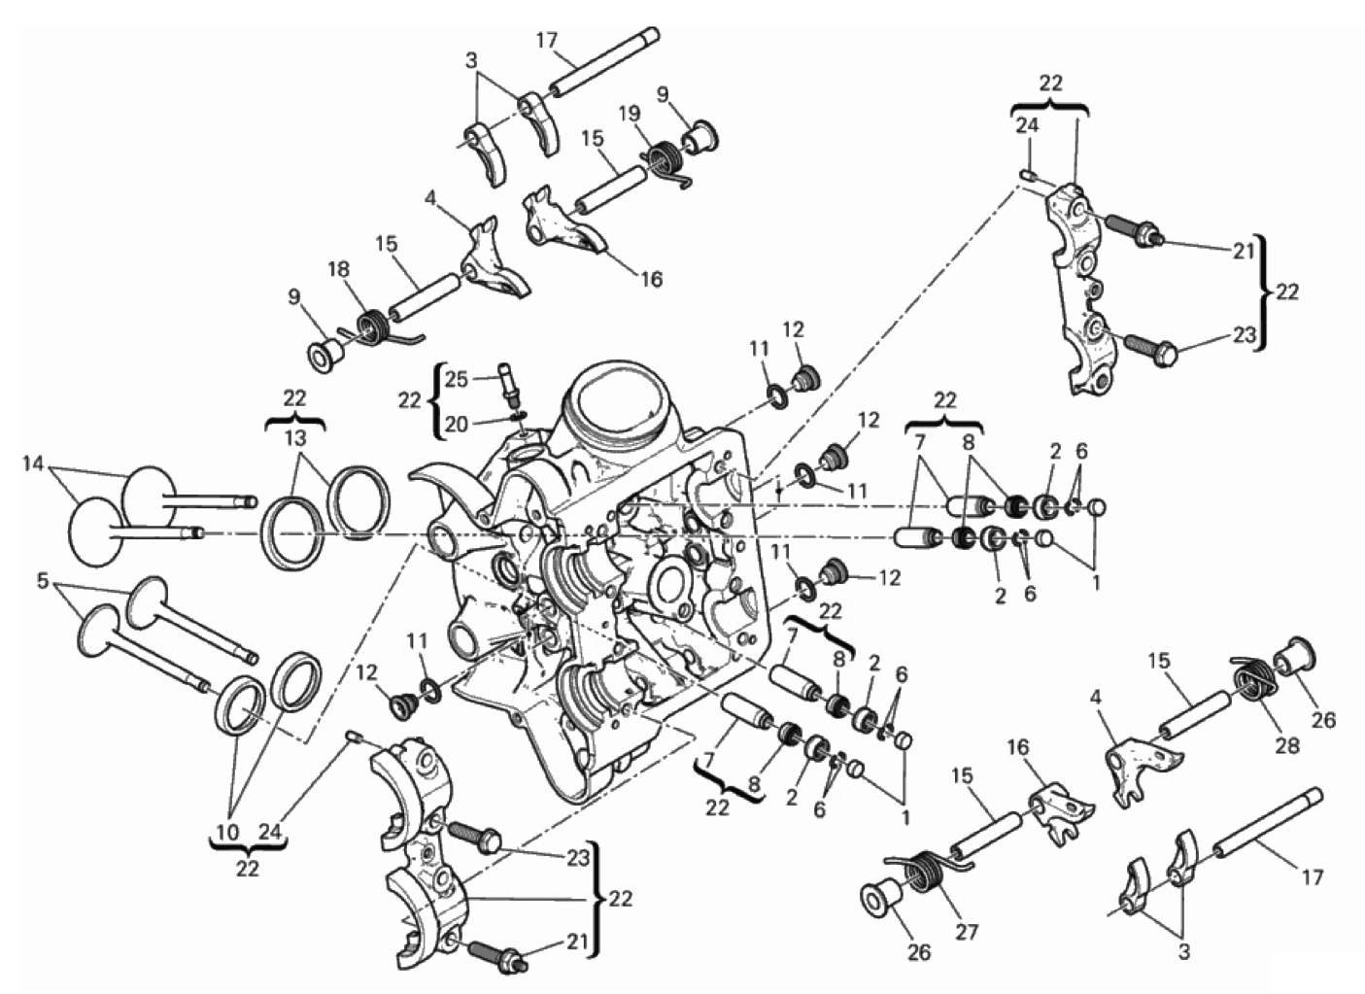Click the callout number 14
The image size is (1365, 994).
[x=33, y=463]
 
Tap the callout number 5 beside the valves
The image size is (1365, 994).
[x=42, y=581]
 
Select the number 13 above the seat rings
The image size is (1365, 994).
[x=295, y=439]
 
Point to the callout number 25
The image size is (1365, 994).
[x=456, y=379]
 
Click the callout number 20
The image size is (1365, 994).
[x=456, y=424]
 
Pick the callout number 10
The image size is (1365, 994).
[x=228, y=832]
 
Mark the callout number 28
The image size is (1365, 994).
[x=1287, y=745]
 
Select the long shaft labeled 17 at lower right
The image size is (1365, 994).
[x=1268, y=828]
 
